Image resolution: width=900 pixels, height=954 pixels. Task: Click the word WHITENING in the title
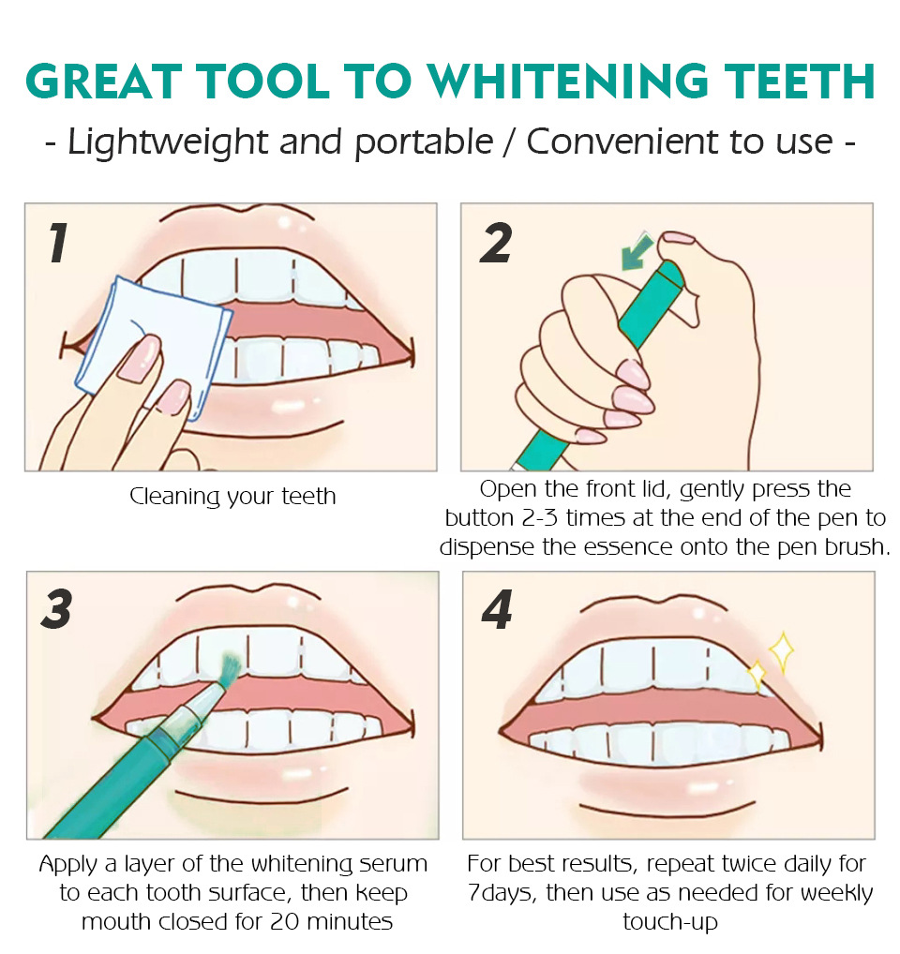point(568,82)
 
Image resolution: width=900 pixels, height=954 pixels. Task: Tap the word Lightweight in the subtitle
point(167,143)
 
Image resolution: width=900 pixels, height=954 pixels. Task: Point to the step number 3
point(56,609)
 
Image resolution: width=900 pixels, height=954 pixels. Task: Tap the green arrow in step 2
point(637,251)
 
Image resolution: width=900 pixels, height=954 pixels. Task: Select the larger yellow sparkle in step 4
point(782,651)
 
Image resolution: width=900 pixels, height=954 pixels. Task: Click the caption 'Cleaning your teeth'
point(232,497)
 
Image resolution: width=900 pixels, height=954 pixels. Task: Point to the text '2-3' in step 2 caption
point(540,518)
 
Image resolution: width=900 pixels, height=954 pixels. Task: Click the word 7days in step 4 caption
point(502,893)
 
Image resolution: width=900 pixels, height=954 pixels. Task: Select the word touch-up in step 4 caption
point(670,923)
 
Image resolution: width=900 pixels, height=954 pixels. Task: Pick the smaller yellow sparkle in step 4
point(757,675)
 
